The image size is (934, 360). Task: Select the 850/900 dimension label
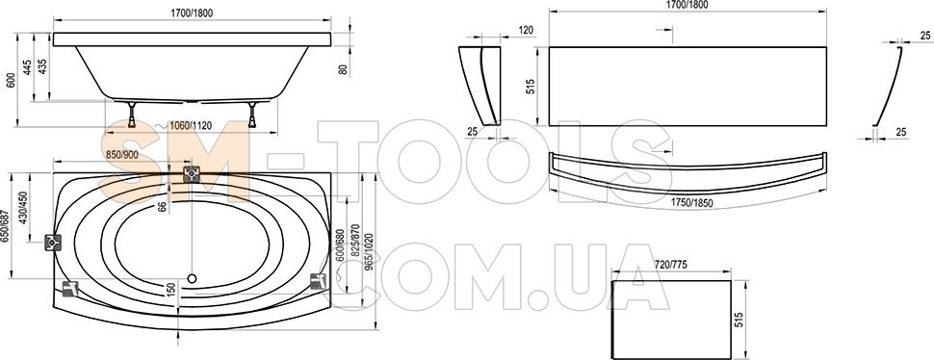tap(122, 154)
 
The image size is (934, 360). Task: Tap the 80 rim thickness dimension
tap(343, 69)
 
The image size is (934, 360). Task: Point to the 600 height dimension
tap(11, 80)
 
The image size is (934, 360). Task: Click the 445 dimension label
tap(27, 66)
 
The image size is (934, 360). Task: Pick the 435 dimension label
tap(41, 66)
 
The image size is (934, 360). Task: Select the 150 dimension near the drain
tap(172, 290)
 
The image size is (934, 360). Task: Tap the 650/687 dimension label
tap(6, 226)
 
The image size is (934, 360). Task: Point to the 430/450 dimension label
tap(23, 207)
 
